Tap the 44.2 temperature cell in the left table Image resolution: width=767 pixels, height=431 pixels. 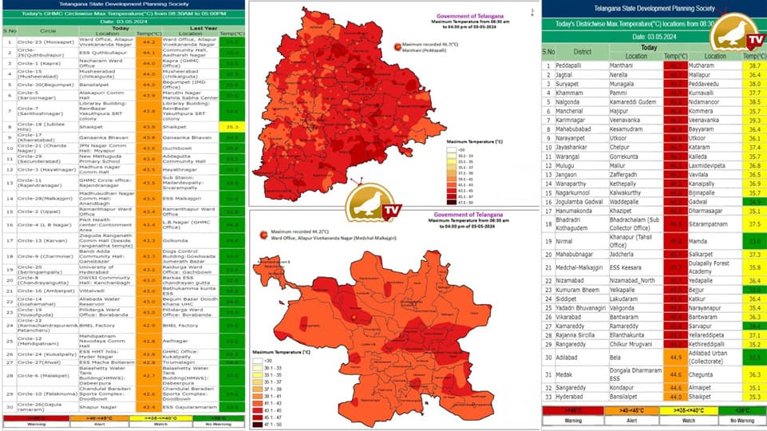[148, 42]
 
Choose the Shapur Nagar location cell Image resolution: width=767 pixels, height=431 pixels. [96, 406]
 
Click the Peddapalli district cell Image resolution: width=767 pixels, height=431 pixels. [568, 65]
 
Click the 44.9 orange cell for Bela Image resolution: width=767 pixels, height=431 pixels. [675, 356]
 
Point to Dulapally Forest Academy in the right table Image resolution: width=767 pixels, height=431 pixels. [710, 267]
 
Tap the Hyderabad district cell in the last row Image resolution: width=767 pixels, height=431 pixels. [569, 396]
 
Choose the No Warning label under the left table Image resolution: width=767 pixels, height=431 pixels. [232, 424]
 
